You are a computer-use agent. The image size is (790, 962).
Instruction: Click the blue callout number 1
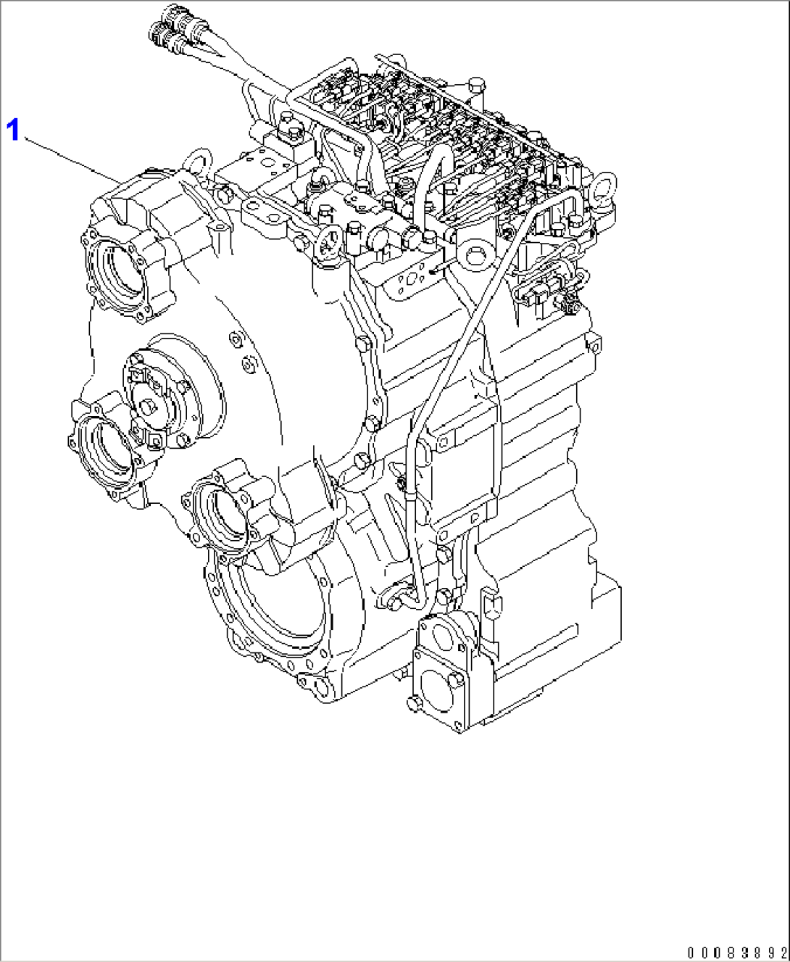(12, 130)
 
